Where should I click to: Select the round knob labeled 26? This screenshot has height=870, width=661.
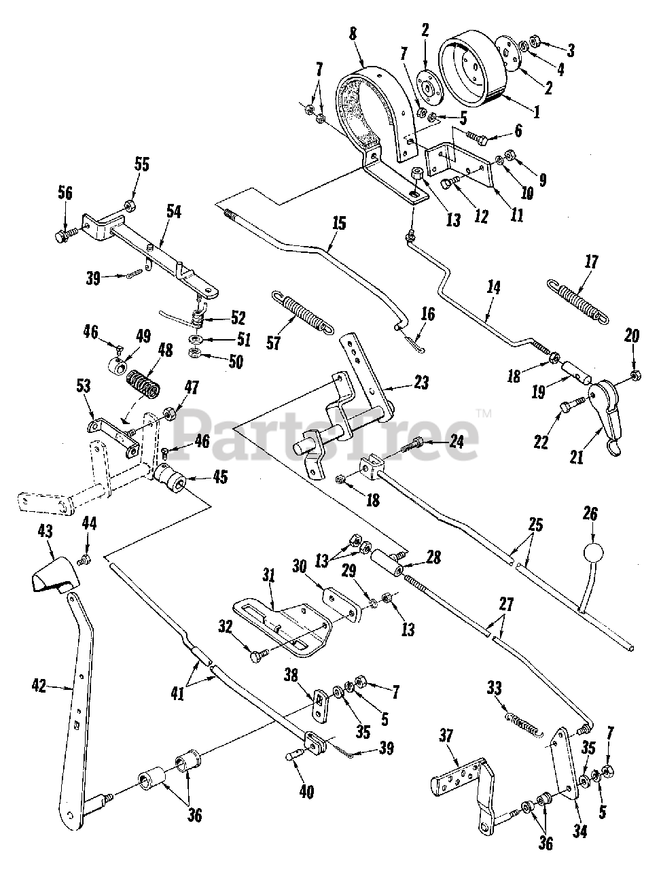590,551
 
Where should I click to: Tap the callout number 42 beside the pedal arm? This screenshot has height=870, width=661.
39,687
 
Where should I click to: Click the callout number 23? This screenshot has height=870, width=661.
421,383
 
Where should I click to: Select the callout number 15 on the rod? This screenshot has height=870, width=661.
338,223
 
